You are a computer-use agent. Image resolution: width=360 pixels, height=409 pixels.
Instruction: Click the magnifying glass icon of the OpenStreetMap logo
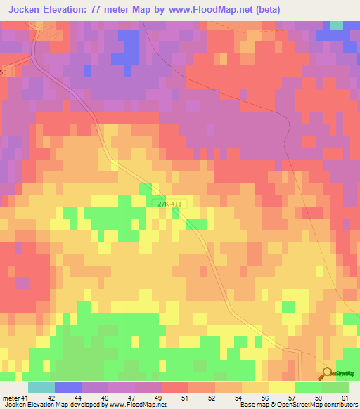[x=327, y=373]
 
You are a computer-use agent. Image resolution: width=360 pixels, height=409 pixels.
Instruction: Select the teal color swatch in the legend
[x=41, y=387]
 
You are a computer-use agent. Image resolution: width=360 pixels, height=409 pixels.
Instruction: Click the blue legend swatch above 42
[x=67, y=387]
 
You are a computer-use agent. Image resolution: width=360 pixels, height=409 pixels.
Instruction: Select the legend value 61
[x=345, y=397]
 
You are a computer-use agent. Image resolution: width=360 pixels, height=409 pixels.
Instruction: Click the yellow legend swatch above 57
[x=281, y=387]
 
